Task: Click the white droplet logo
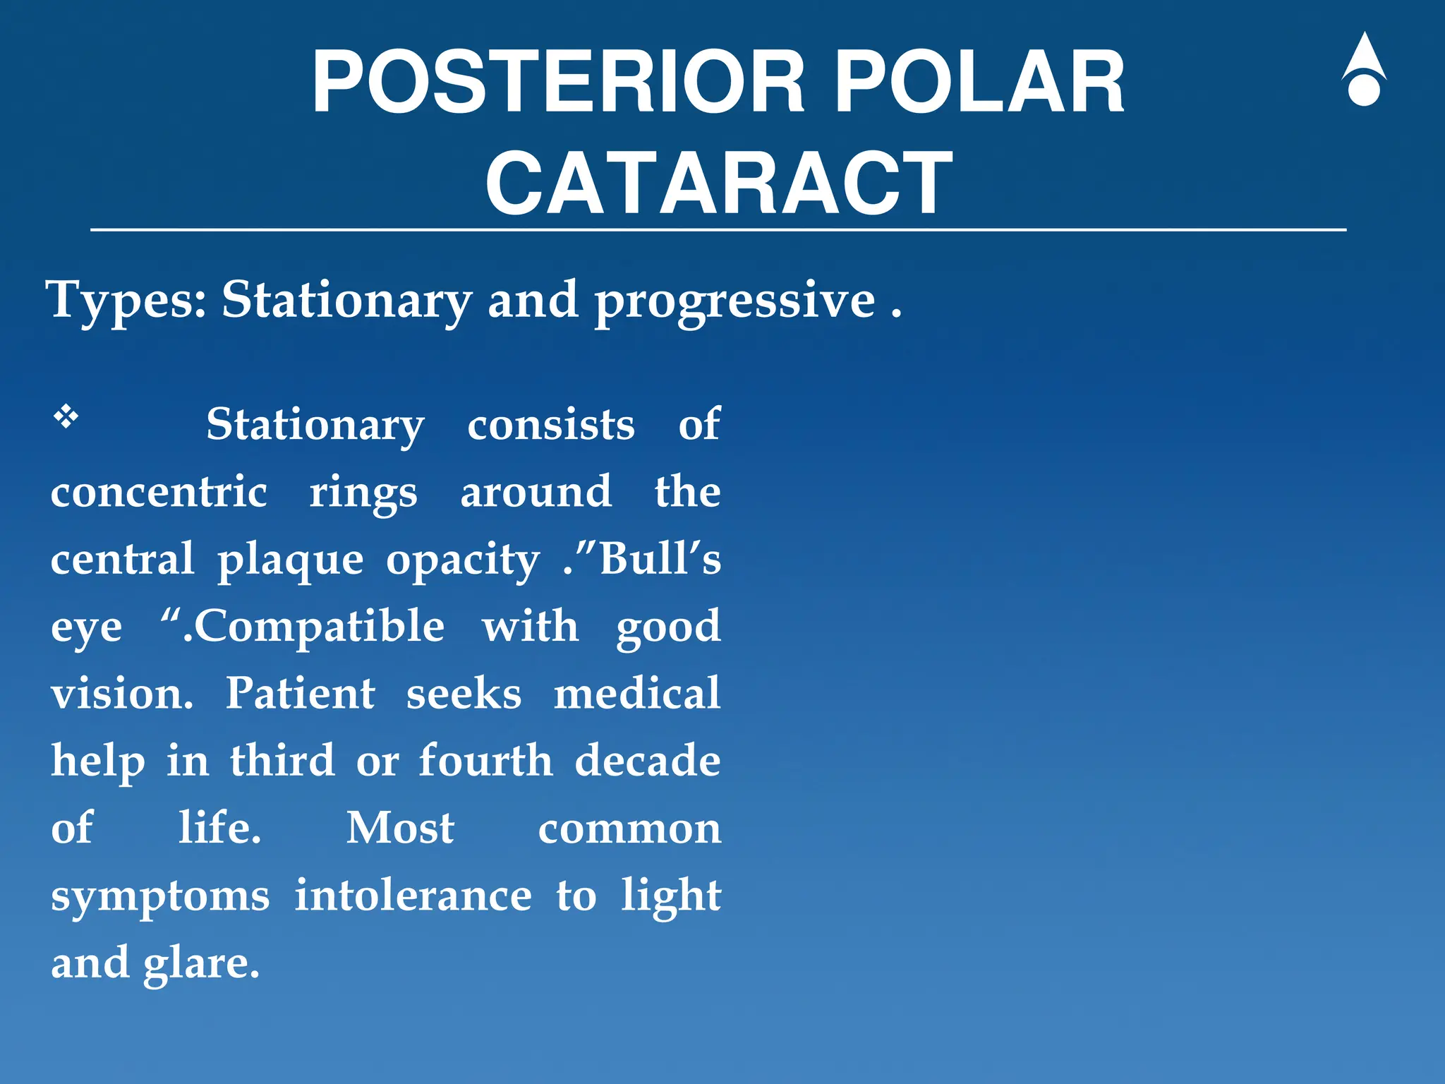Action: [1363, 71]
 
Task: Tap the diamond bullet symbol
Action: [66, 417]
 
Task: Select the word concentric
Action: [159, 492]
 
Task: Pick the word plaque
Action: [290, 560]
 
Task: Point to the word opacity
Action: [463, 560]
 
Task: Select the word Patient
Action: [300, 693]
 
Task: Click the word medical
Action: [636, 693]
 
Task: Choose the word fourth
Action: [485, 761]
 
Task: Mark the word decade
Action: [647, 761]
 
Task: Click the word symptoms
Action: [160, 897]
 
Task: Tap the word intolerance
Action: [413, 896]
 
